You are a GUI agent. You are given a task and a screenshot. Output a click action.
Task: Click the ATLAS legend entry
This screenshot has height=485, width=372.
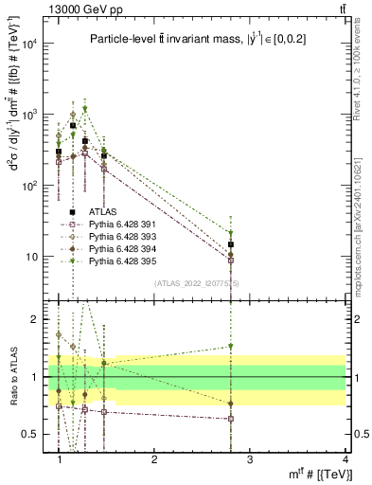[x=102, y=211]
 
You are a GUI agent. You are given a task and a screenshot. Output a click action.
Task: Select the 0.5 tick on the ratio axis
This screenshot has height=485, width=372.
[x=31, y=434]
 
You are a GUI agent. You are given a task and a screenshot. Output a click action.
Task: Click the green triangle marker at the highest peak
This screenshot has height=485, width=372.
[x=85, y=109]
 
